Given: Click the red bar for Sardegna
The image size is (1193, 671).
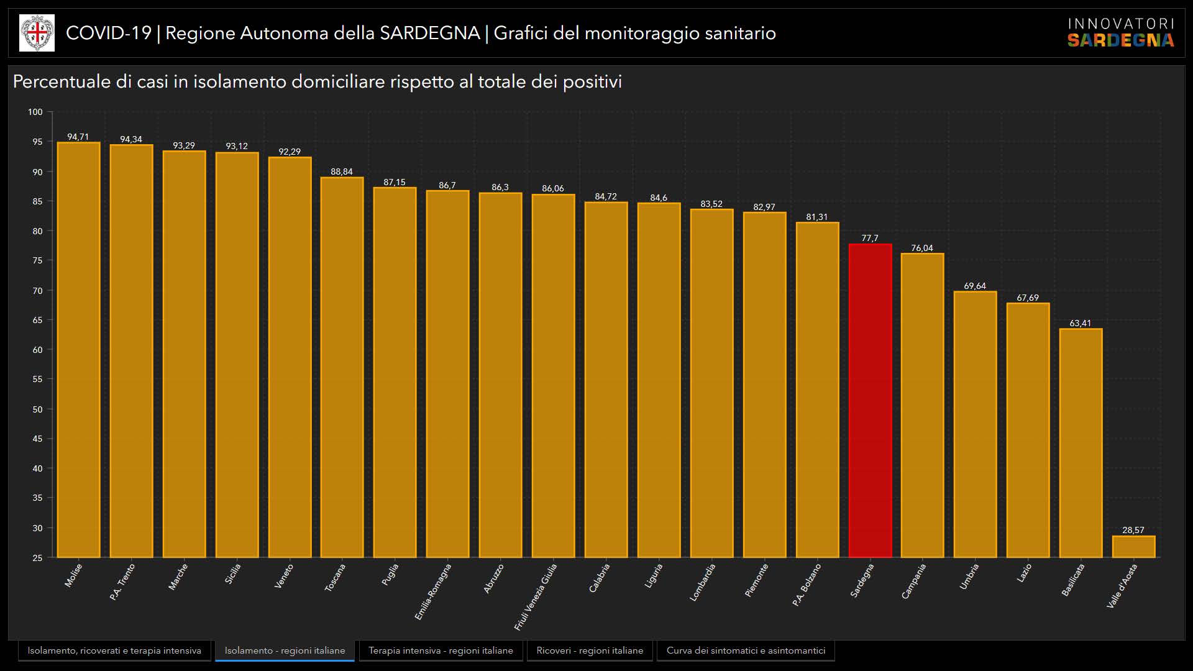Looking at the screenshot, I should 870,401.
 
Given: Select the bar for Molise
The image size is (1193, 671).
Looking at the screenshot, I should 78,350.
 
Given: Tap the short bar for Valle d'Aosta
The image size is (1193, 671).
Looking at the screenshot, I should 1133,547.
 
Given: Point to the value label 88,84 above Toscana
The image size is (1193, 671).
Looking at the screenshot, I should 342,171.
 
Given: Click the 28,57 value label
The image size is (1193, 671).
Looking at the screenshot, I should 1133,530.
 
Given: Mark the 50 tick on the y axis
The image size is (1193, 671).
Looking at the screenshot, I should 37,409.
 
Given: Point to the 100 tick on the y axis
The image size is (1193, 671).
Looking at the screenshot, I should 35,112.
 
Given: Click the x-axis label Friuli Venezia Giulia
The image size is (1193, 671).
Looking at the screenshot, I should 536,596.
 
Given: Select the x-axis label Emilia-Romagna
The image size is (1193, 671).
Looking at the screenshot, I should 434,591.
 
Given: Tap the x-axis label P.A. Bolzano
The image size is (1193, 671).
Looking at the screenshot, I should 807,585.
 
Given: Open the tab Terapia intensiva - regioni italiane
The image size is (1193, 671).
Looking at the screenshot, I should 441,650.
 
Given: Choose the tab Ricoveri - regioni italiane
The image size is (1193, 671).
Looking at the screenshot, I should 590,650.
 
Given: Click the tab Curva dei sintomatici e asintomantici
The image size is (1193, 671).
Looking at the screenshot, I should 746,650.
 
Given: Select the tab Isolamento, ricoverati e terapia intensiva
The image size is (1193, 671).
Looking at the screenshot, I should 114,650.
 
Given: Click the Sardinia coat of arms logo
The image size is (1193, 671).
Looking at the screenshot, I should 37,33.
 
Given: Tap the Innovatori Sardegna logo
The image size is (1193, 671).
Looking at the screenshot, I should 1120,32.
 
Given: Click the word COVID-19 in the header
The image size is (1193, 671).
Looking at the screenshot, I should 109,33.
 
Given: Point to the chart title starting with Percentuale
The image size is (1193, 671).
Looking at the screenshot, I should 317,81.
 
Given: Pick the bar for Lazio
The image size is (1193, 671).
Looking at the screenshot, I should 1028,430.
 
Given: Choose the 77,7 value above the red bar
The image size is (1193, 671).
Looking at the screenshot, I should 870,238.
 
